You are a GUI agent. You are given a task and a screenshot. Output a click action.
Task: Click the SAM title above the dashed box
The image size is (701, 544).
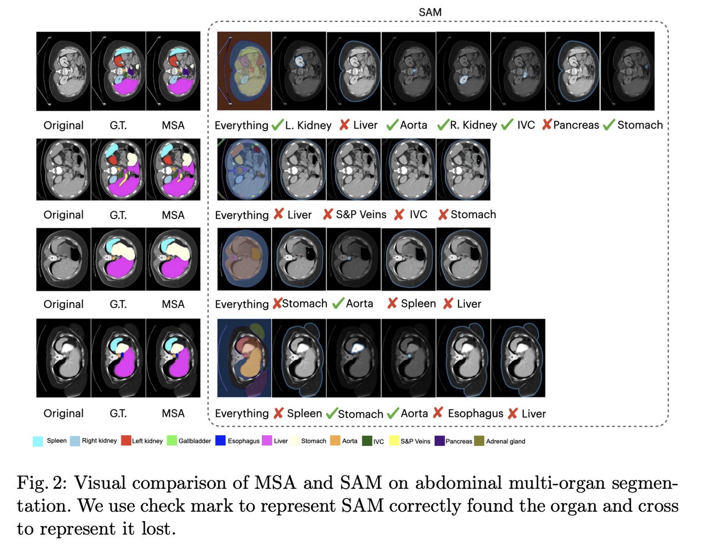click(430, 12)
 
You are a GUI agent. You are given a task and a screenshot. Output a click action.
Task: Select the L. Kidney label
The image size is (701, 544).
click(308, 125)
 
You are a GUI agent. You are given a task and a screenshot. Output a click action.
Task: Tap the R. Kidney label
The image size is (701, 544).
click(474, 125)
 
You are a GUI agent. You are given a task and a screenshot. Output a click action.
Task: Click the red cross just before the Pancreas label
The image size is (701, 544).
click(547, 125)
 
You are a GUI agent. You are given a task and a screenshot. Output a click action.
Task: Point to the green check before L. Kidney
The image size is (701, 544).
click(278, 125)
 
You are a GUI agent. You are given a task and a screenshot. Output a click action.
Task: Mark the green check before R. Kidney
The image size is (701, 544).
click(443, 125)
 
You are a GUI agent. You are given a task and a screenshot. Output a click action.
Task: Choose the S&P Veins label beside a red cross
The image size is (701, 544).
click(361, 215)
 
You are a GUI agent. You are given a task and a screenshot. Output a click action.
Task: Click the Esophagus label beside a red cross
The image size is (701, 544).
click(475, 414)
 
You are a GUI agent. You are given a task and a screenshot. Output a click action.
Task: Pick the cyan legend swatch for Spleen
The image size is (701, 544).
click(38, 441)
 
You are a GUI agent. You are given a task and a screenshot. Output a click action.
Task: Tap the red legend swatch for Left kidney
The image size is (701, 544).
click(126, 441)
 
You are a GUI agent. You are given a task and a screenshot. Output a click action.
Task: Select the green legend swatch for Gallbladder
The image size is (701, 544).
click(172, 441)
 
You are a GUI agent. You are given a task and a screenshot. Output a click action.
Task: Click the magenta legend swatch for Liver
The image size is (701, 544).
click(267, 441)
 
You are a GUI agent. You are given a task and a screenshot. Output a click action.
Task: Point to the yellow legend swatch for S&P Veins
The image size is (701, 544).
click(394, 441)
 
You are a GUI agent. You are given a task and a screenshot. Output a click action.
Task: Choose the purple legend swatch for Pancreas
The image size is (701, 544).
click(439, 441)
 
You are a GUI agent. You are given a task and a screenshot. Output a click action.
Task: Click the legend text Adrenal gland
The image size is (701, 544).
click(505, 441)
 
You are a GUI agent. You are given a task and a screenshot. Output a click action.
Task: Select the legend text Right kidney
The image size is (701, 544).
click(99, 441)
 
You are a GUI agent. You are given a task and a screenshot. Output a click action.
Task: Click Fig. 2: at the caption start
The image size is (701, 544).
click(41, 483)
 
